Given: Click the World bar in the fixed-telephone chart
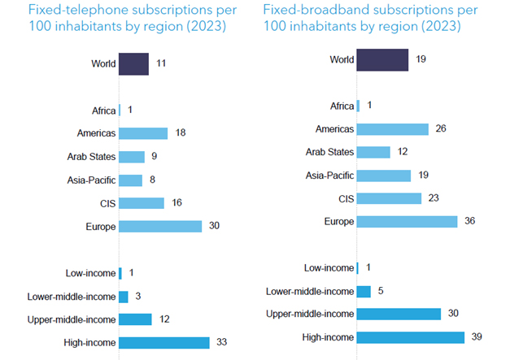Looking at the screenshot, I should pyautogui.click(x=134, y=63).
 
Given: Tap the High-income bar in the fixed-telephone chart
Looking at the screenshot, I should pyautogui.click(x=164, y=342).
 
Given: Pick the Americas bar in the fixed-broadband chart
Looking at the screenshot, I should pyautogui.click(x=393, y=129).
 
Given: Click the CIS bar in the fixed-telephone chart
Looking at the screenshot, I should pyautogui.click(x=142, y=203).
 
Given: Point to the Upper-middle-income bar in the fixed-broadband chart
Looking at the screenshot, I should pyautogui.click(x=399, y=314).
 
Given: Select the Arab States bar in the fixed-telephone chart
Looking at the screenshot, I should pyautogui.click(x=132, y=157).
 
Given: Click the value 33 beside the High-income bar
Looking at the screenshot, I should pyautogui.click(x=222, y=342).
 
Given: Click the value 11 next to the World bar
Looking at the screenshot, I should pyautogui.click(x=161, y=63).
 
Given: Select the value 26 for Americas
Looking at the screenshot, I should pyautogui.click(x=441, y=129).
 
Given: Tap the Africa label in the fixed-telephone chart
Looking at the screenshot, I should pyautogui.click(x=103, y=110).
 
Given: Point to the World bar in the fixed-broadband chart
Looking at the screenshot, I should pyautogui.click(x=382, y=60).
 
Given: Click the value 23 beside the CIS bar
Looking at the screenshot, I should pyautogui.click(x=434, y=198).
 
